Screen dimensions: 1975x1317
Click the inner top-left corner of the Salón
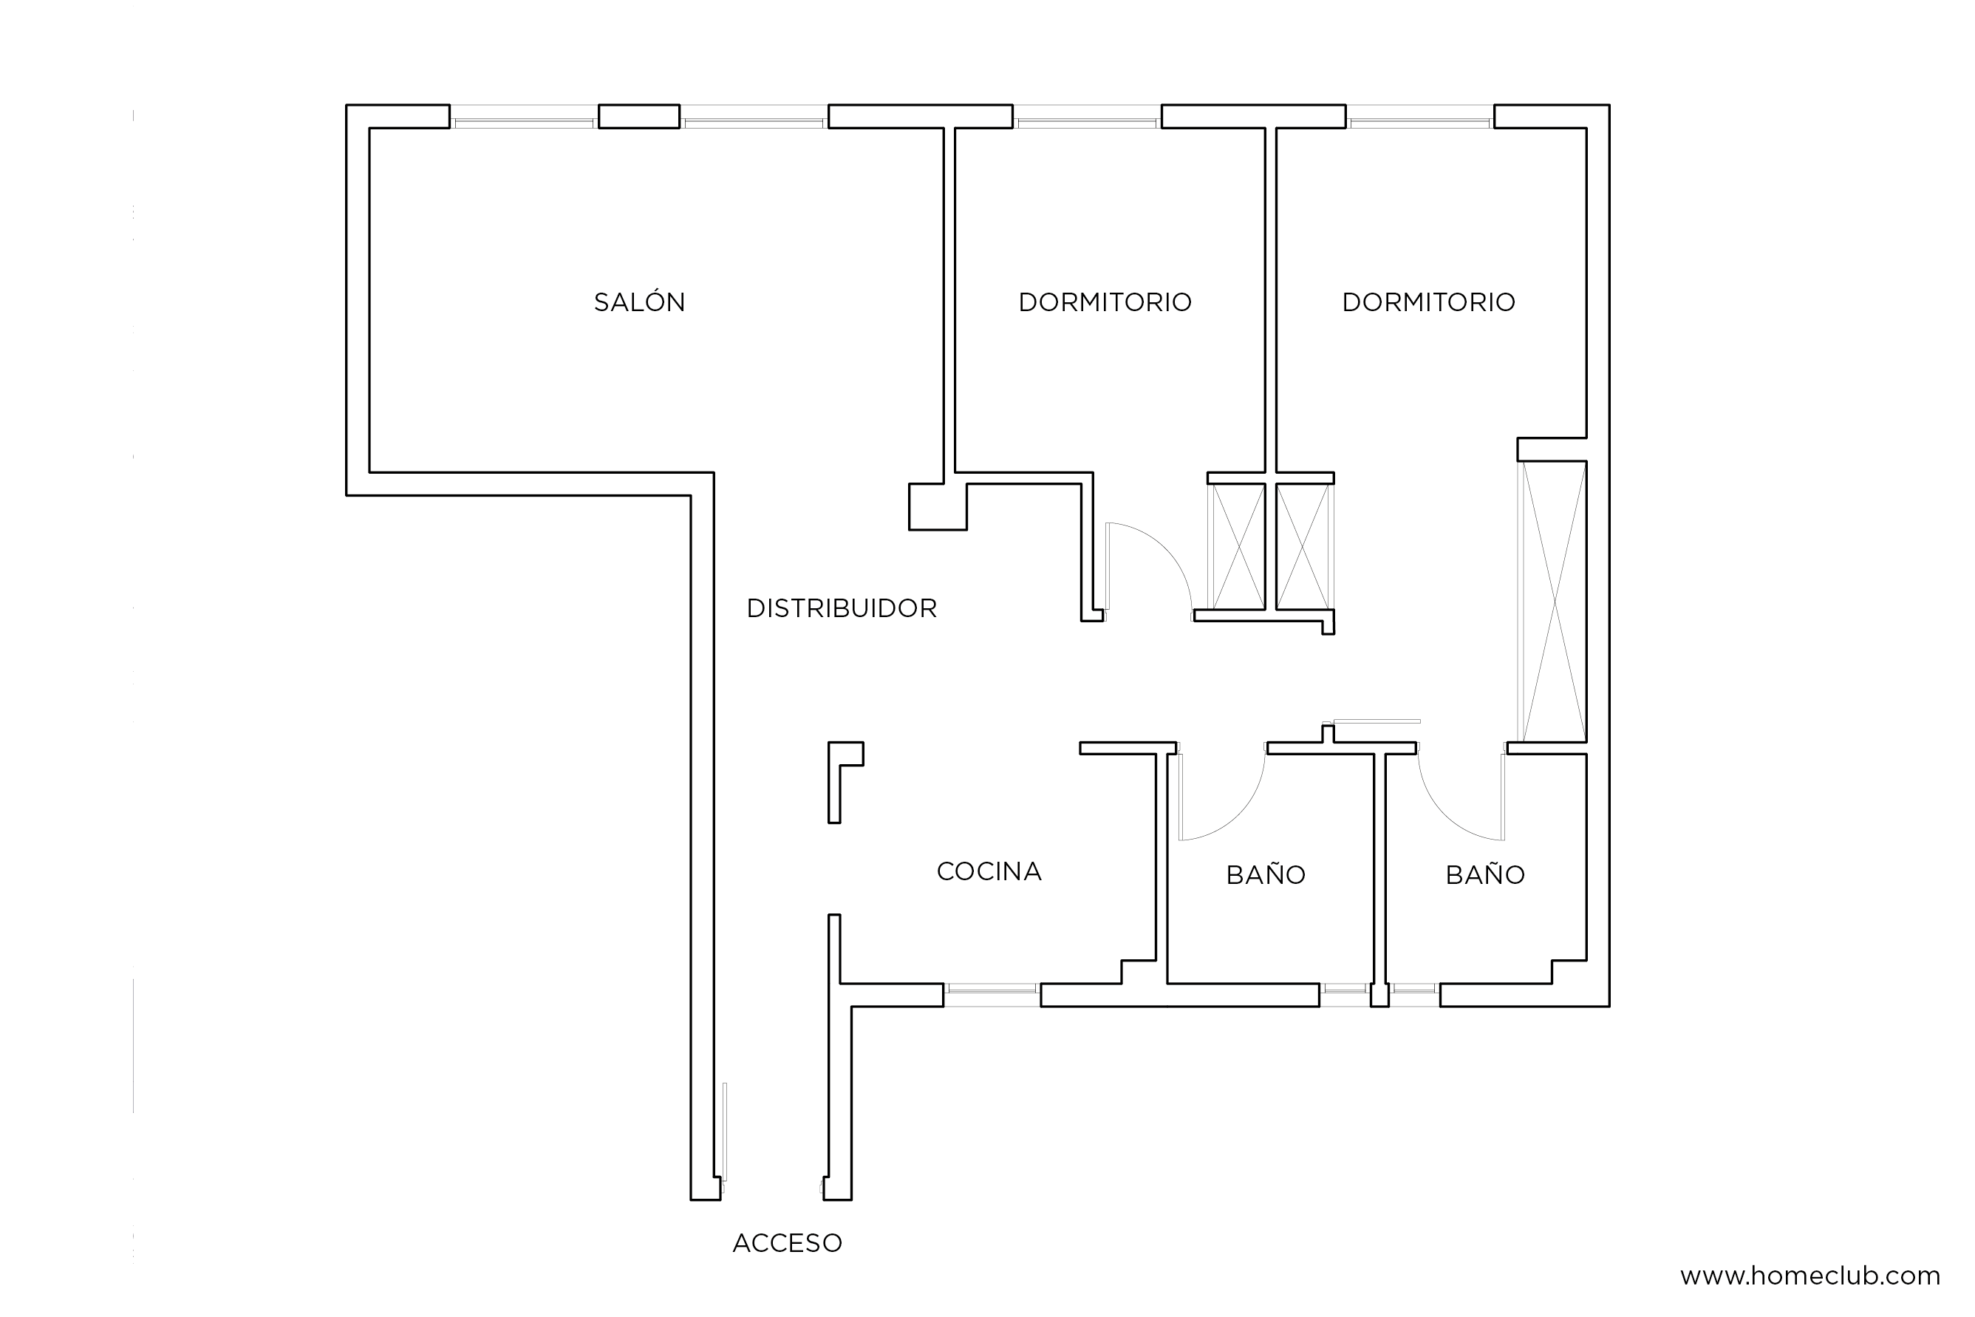369,129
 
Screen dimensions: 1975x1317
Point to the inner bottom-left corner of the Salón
369,472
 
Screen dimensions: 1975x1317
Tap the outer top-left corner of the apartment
347,105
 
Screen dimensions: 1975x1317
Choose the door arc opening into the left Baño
1222,796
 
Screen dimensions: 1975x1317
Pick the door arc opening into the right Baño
1460,796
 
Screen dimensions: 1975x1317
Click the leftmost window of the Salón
524,118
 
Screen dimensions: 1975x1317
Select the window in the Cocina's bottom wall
992,995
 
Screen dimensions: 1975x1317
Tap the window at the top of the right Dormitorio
1420,118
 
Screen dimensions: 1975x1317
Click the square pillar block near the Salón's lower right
937,506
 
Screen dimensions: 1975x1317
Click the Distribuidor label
842,608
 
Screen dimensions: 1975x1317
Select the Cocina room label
989,871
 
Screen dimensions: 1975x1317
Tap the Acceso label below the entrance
787,1242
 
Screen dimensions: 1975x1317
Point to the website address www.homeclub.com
1809,1276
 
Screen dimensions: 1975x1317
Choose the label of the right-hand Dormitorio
1428,302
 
